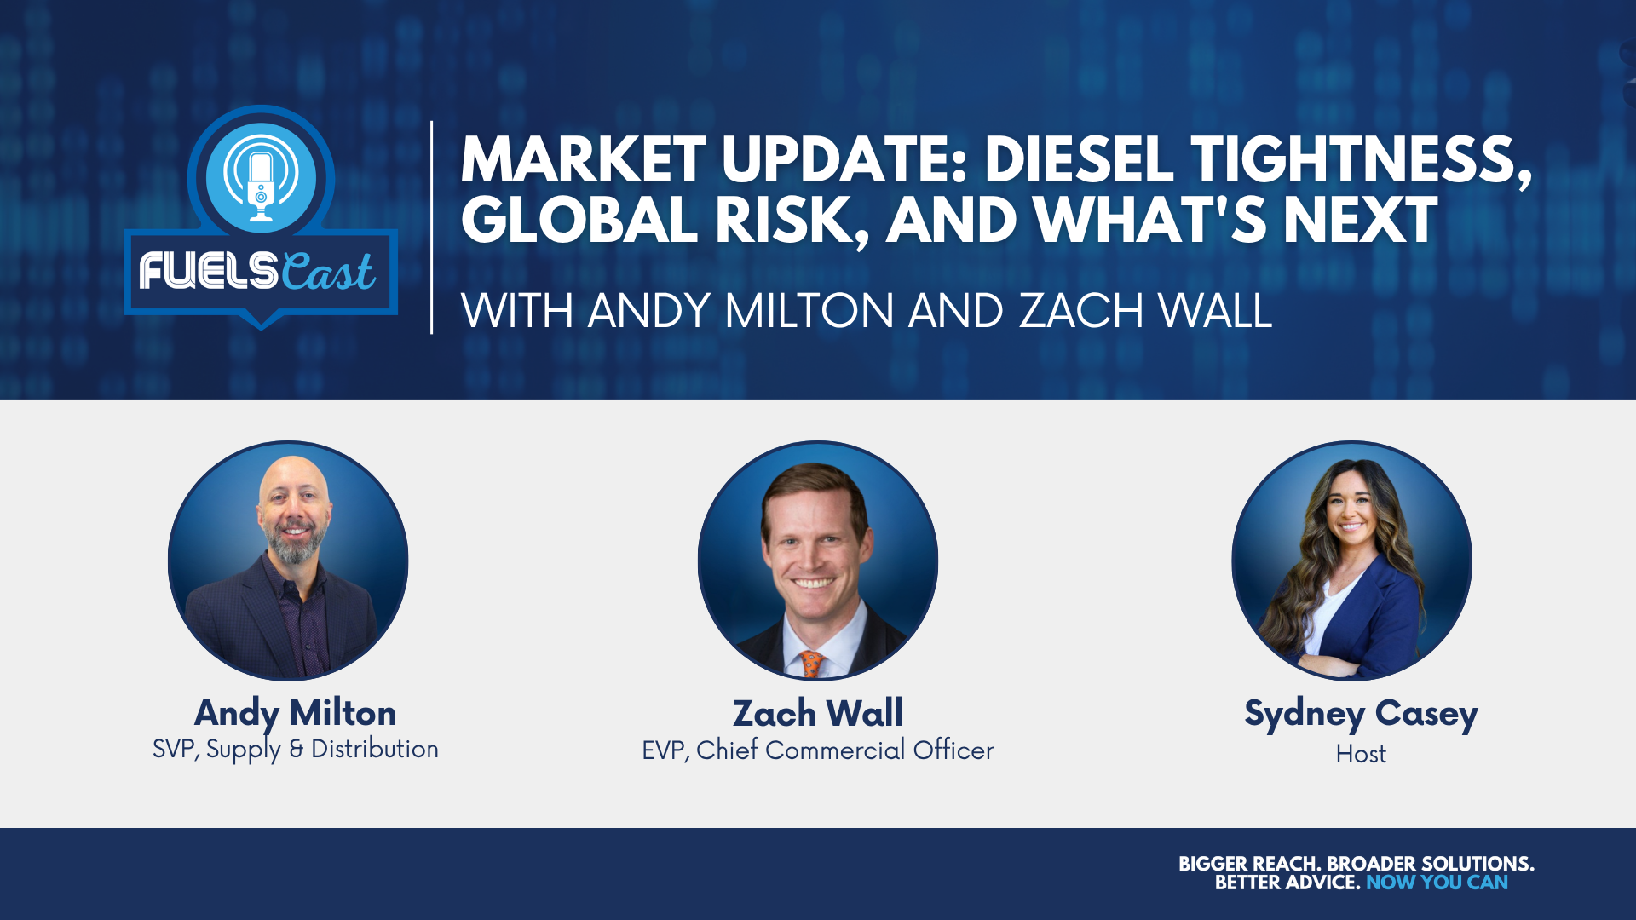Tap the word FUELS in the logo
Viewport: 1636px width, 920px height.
click(209, 272)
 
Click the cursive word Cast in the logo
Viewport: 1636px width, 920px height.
click(328, 272)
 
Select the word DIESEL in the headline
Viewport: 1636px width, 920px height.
click(1079, 160)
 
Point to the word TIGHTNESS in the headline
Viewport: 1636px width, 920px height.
click(1362, 162)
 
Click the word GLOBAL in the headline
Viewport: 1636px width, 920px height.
click(579, 220)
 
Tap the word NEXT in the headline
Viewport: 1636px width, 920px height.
click(1360, 220)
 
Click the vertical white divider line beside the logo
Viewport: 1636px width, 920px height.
click(432, 227)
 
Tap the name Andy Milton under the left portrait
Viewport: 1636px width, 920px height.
click(296, 714)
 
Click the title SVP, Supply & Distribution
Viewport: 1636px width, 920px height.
click(296, 749)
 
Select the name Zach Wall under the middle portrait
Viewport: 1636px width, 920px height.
click(818, 714)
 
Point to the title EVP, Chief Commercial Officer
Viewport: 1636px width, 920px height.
click(818, 750)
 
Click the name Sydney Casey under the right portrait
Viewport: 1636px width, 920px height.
click(1361, 714)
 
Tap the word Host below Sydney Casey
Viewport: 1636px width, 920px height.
click(1361, 754)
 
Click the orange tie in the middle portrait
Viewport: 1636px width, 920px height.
click(811, 664)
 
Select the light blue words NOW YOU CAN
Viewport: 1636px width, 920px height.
click(1437, 883)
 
